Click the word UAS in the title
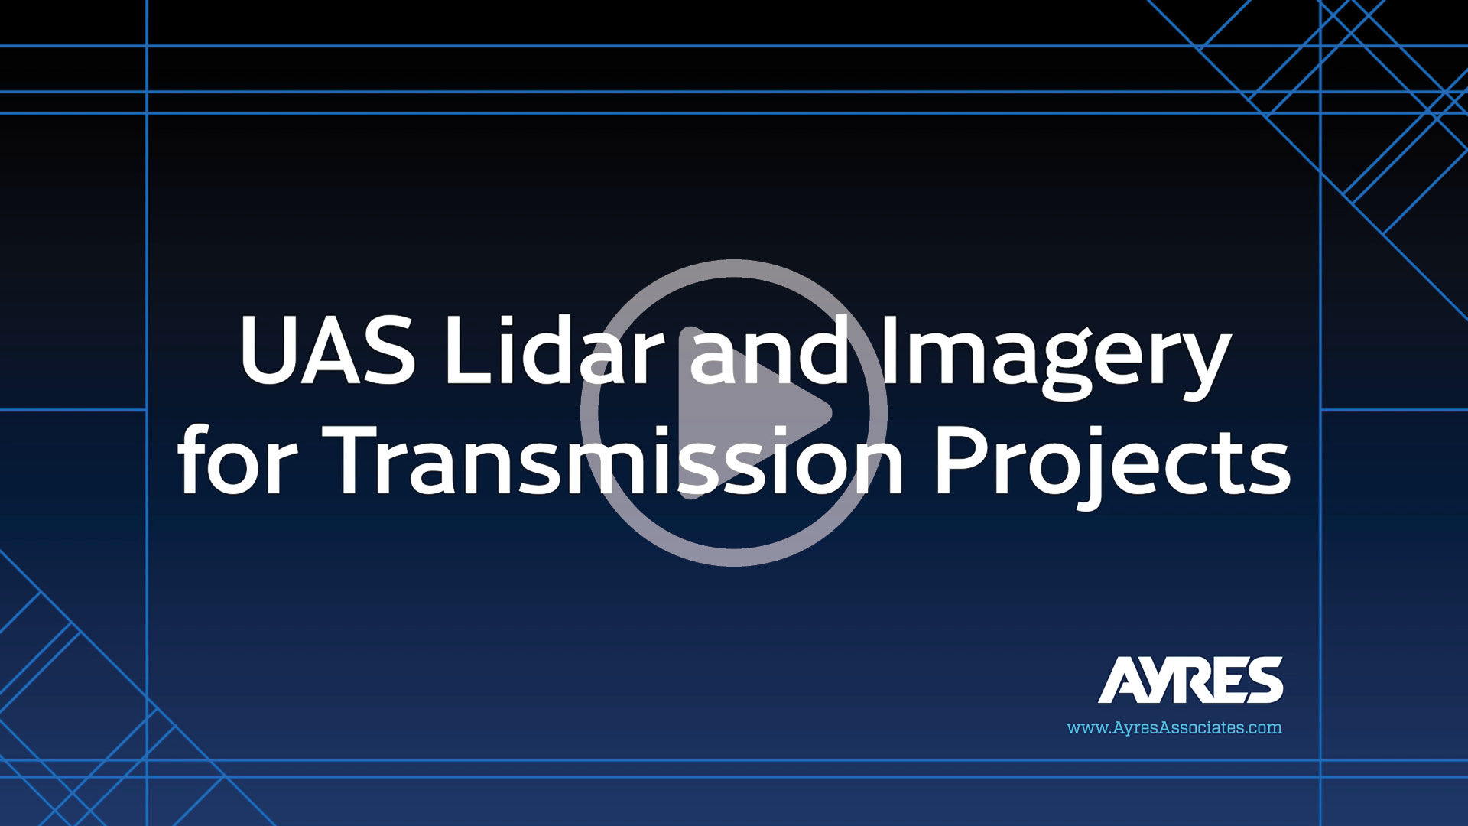[328, 351]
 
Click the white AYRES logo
[1190, 679]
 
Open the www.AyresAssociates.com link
[1174, 727]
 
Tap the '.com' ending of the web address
[1261, 727]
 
